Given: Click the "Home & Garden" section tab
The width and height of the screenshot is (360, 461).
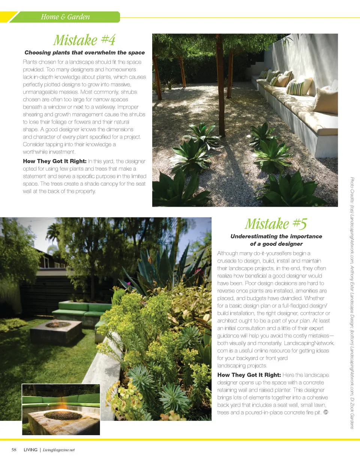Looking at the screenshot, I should tap(65, 17).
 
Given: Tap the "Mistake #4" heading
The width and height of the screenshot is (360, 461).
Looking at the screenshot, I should tap(84, 39).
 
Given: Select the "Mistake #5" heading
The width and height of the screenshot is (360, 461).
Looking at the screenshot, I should tap(276, 223).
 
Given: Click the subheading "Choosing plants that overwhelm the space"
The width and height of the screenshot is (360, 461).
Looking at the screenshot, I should tap(84, 52).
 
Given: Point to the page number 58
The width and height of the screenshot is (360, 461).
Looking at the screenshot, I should tap(13, 450).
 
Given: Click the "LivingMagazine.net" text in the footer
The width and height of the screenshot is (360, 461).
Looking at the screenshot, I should tap(59, 450).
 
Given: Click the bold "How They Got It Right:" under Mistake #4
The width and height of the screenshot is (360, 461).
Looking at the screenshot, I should tap(55, 161).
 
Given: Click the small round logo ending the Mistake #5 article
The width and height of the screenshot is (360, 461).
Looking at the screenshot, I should tap(325, 412).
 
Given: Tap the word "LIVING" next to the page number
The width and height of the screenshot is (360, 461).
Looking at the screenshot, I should tap(30, 450).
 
